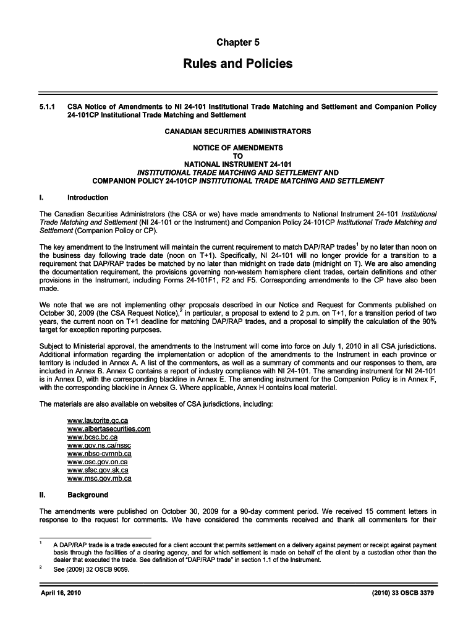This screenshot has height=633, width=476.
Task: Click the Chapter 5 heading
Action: (238, 42)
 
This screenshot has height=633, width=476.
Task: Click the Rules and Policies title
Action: (238, 64)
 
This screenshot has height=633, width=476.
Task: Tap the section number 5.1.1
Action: (48, 106)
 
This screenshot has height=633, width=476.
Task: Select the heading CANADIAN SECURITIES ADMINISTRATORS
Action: (238, 132)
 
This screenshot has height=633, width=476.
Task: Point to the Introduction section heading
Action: (88, 198)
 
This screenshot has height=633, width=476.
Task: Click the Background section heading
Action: (88, 495)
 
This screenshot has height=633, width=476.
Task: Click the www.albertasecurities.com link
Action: (109, 429)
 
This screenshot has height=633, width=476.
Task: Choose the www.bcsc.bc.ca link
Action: (92, 437)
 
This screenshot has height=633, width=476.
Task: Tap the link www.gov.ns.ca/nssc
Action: (99, 446)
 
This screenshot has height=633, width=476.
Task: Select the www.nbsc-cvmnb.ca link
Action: (99, 454)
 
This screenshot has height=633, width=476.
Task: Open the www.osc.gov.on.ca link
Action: (97, 462)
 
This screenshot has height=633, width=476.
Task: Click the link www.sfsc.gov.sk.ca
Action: (98, 470)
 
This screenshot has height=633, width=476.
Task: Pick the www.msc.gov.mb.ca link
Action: (99, 478)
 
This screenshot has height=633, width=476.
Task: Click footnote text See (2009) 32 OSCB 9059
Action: (91, 570)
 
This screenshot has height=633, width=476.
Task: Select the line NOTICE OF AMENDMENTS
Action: (238, 148)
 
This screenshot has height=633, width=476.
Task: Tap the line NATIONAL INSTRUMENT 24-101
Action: (238, 164)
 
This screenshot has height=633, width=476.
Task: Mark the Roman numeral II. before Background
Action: (42, 495)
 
